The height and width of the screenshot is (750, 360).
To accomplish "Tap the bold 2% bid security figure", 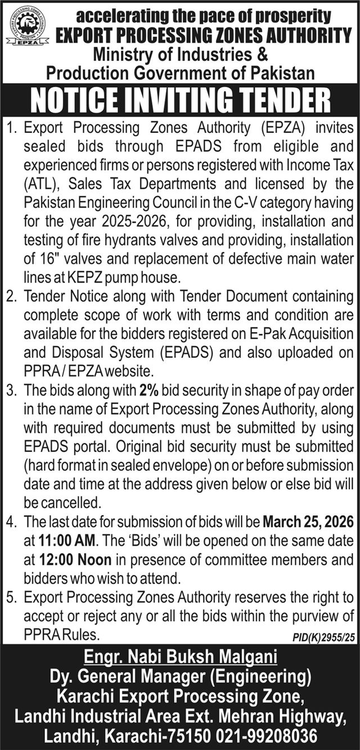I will [148, 390].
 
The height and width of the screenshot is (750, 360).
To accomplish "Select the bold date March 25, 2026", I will [308, 523].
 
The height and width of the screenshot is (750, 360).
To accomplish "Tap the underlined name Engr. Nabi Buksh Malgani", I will [180, 657].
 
